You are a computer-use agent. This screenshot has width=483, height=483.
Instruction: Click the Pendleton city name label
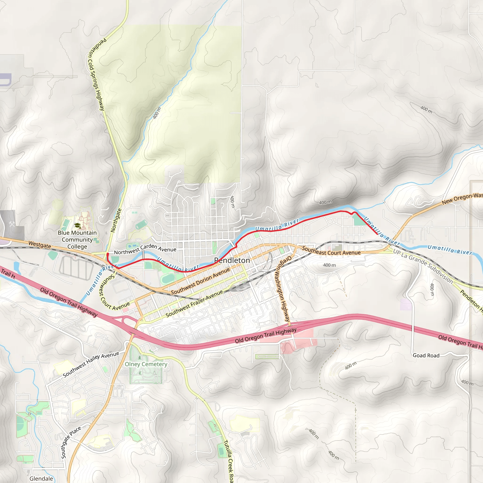(232, 261)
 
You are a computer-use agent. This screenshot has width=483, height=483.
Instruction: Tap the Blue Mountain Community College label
(77, 240)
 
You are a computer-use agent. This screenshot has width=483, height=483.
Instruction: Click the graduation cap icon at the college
(78, 225)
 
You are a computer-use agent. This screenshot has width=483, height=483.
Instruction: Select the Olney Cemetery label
(146, 364)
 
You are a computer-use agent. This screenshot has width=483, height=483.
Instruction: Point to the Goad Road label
(426, 355)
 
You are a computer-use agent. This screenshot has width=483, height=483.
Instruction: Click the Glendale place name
(41, 479)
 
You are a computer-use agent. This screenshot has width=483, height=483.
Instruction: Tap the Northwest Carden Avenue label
(145, 249)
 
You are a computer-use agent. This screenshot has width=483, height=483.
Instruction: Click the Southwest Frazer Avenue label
(194, 304)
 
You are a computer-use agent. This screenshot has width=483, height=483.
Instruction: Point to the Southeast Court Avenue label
(331, 251)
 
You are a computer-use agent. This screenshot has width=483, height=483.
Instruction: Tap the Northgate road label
(116, 221)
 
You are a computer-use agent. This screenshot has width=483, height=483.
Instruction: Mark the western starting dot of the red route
(108, 254)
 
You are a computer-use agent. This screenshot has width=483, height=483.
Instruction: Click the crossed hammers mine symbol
(12, 224)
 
